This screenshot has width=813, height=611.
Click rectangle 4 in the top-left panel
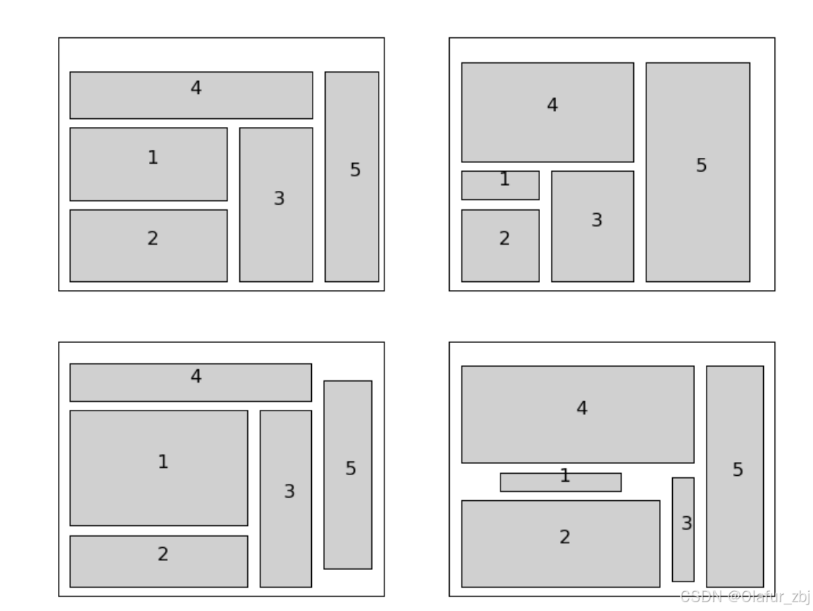pos(191,95)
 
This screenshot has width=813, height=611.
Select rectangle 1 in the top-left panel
pos(148,164)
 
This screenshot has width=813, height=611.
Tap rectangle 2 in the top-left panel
pos(148,245)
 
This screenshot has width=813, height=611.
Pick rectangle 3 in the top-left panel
pos(276,204)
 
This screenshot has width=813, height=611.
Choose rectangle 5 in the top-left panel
pos(351,176)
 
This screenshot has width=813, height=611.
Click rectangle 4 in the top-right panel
pos(547,112)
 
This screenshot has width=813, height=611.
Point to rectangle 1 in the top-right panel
pos(500,185)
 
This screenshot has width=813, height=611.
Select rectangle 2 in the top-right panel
pos(500,245)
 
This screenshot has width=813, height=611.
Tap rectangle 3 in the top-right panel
pos(592,226)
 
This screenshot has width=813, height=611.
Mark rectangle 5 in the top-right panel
pos(697,172)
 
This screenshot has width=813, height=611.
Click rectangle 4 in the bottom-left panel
pos(190,382)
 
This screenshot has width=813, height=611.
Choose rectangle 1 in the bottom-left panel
pos(158,468)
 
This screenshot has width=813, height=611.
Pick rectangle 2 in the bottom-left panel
pos(158,561)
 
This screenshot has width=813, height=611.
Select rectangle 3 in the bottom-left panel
pos(285,499)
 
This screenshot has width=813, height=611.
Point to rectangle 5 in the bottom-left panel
pos(347,474)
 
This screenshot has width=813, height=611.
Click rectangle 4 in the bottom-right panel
pos(577,414)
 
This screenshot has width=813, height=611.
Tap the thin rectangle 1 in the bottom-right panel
pos(560,482)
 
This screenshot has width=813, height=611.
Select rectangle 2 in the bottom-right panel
pos(560,543)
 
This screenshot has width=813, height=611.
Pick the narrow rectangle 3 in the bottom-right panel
pos(682,529)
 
